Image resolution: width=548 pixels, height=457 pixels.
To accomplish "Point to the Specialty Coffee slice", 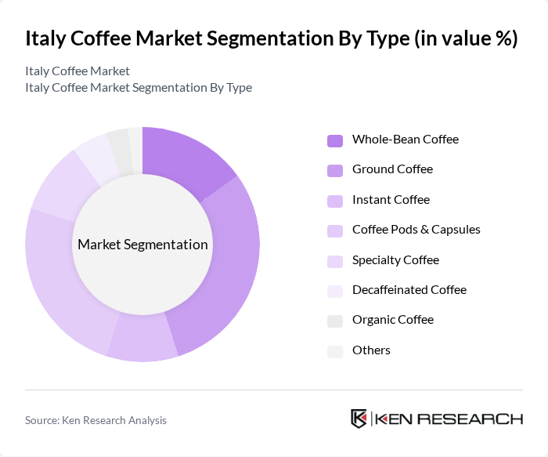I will (62, 185).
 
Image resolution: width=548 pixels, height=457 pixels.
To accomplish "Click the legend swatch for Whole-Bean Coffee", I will (334, 140).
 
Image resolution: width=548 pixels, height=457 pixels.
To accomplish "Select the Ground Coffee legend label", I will (392, 169).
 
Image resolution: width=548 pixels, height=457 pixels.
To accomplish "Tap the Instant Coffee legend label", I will (391, 199).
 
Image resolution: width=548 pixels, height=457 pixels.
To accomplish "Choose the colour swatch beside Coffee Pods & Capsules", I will (334, 230).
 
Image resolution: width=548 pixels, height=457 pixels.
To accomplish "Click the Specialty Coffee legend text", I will (395, 259).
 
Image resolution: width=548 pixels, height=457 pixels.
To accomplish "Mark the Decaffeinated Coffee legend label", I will (409, 289).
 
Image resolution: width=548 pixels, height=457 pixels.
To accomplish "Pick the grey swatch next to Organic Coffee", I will (334, 321).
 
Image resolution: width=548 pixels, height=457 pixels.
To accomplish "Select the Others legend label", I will (371, 350).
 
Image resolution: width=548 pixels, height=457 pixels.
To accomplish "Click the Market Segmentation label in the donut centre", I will (142, 245).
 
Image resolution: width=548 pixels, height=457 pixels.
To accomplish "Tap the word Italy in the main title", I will (46, 39).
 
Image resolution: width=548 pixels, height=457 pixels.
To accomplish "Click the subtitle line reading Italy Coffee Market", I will (78, 71).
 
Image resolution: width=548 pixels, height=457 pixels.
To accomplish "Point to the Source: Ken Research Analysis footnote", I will (96, 420).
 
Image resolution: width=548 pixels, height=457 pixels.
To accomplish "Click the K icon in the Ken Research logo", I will (359, 419).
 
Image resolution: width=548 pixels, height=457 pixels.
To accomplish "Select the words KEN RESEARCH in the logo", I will (449, 419).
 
